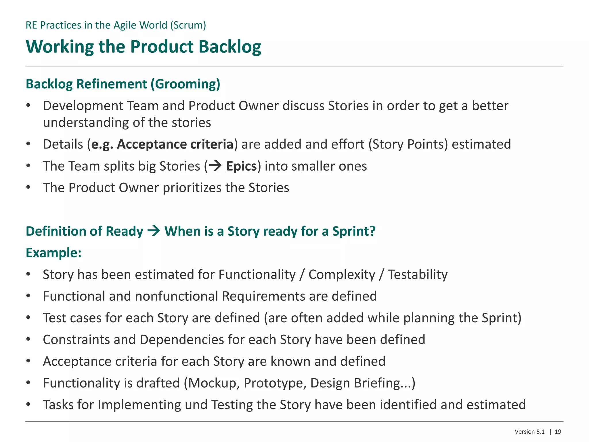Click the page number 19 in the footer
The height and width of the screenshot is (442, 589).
click(x=558, y=432)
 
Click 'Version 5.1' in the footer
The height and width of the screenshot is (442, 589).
click(x=529, y=432)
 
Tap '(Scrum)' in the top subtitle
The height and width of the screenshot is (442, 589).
click(x=188, y=25)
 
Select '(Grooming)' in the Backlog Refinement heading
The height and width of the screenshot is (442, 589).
click(x=186, y=84)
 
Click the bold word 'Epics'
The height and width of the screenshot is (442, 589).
click(x=241, y=166)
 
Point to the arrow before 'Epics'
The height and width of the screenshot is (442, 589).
click(x=215, y=165)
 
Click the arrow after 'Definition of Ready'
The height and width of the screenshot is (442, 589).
click(x=154, y=231)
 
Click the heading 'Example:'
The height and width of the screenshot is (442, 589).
click(x=53, y=253)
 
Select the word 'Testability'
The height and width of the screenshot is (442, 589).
click(x=418, y=275)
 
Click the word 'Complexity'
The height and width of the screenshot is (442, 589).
click(x=342, y=275)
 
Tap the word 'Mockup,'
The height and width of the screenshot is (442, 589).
click(x=214, y=383)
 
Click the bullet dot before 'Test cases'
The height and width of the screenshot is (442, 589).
click(x=28, y=318)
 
